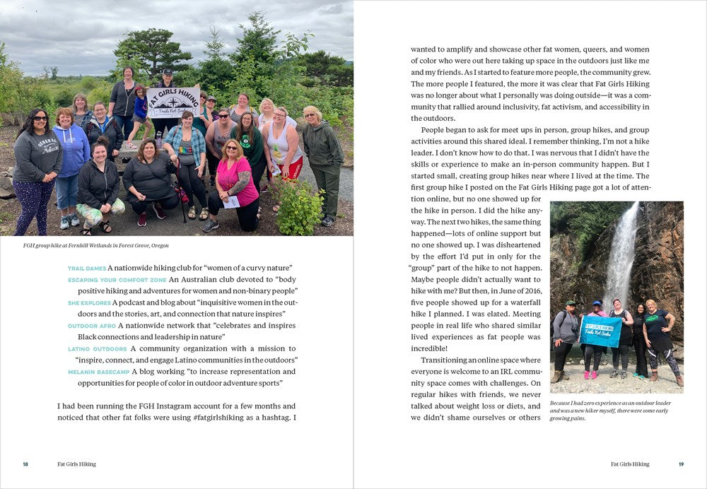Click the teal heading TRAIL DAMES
pyautogui.click(x=86, y=269)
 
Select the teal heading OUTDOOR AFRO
pyautogui.click(x=91, y=326)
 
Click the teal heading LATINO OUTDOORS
pyautogui.click(x=98, y=349)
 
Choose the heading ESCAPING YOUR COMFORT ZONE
pyautogui.click(x=117, y=280)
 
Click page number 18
pyautogui.click(x=25, y=464)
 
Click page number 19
pyautogui.click(x=681, y=464)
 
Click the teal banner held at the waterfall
pyautogui.click(x=601, y=330)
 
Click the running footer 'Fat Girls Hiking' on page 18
pyautogui.click(x=76, y=464)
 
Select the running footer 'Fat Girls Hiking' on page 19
pyautogui.click(x=630, y=464)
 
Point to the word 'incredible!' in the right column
pyautogui.click(x=428, y=348)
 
